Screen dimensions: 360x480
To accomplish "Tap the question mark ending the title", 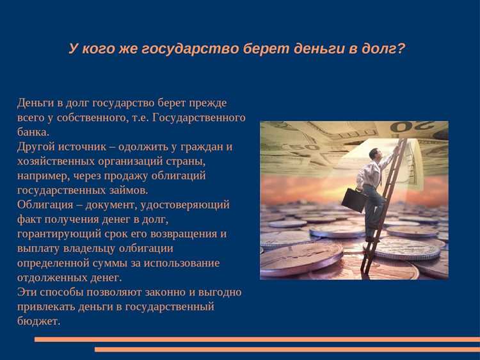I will click(x=401, y=49).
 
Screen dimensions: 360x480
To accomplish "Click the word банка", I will click(x=32, y=132).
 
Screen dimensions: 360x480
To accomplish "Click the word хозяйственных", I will click(x=54, y=161).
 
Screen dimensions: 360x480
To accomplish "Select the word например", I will click(x=42, y=176).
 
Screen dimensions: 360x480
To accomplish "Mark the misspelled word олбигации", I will click(x=145, y=249).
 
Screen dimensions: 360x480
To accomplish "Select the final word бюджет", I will click(x=38, y=322).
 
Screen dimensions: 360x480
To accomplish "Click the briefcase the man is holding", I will click(x=353, y=200).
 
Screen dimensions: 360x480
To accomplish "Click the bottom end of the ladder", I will click(x=364, y=270).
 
